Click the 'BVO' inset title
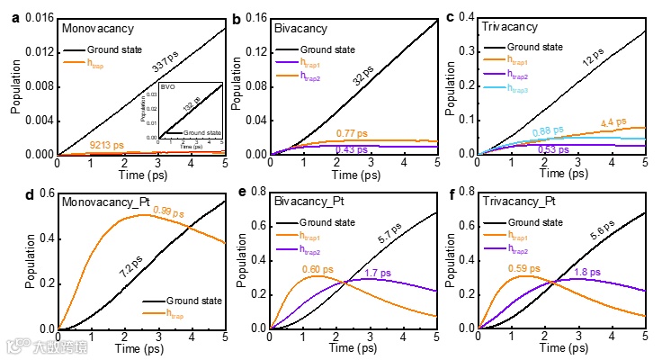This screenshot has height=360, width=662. [x=167, y=87]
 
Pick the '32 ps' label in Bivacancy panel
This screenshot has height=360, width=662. [x=364, y=75]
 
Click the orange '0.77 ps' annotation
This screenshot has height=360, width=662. [x=353, y=133]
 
